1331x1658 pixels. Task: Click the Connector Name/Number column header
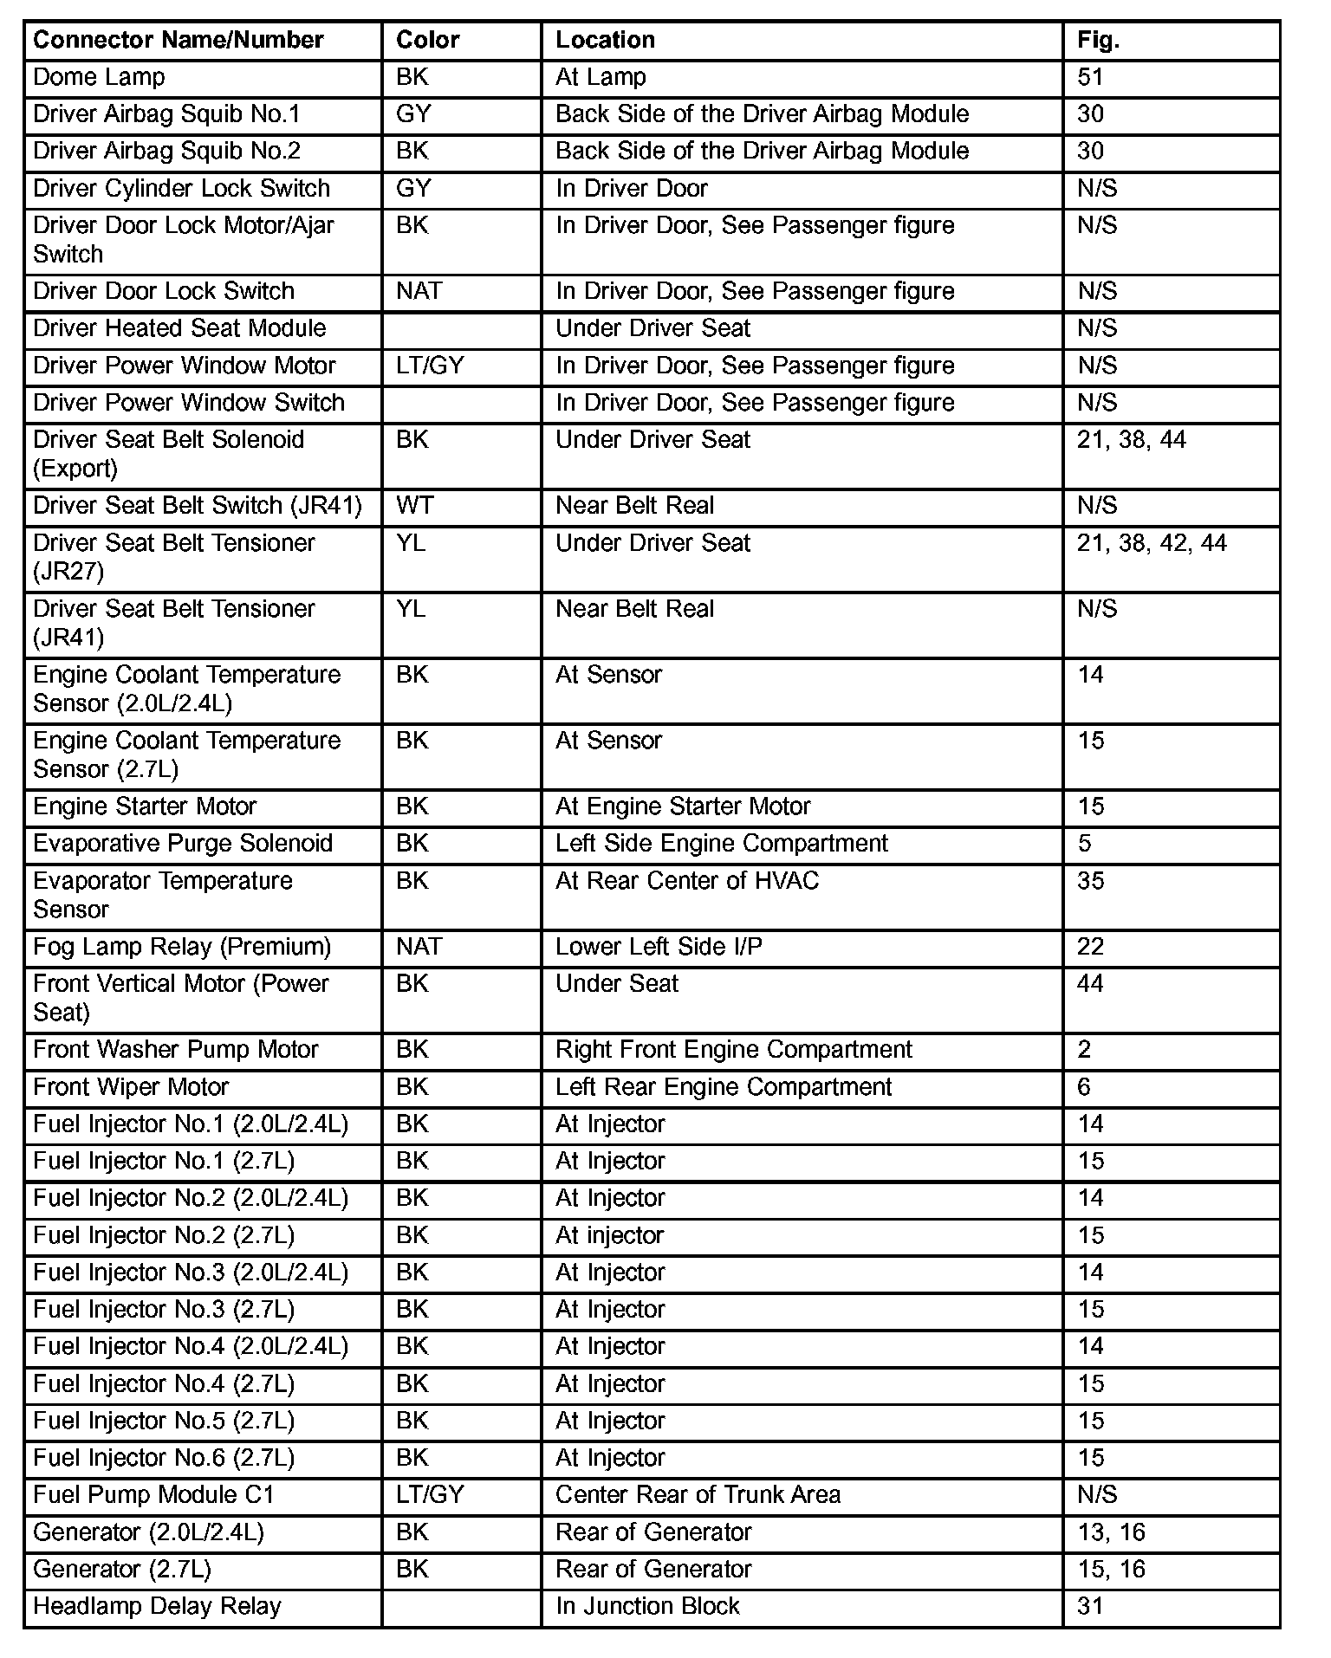click(178, 40)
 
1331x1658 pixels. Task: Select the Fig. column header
click(1098, 40)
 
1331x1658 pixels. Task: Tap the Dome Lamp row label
click(99, 77)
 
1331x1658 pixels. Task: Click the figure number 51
click(1090, 77)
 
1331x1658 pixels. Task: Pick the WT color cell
click(414, 506)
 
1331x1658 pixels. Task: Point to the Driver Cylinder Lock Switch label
click(181, 189)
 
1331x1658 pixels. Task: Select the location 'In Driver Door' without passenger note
click(631, 189)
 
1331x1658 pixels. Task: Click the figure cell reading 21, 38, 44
click(1131, 440)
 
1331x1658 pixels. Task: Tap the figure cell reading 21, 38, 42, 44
click(1152, 543)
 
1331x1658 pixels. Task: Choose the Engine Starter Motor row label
click(145, 806)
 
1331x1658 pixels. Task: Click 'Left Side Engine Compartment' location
click(721, 844)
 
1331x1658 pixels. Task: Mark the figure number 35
click(1090, 881)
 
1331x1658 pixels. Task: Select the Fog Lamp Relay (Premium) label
click(182, 947)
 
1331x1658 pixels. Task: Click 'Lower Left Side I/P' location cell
click(659, 947)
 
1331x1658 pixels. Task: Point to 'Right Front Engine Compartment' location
click(733, 1050)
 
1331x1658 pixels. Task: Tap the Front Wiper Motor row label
click(131, 1087)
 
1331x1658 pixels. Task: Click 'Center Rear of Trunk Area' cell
click(698, 1495)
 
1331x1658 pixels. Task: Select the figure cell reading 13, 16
click(1111, 1532)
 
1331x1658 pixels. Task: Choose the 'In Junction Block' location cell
click(647, 1607)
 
